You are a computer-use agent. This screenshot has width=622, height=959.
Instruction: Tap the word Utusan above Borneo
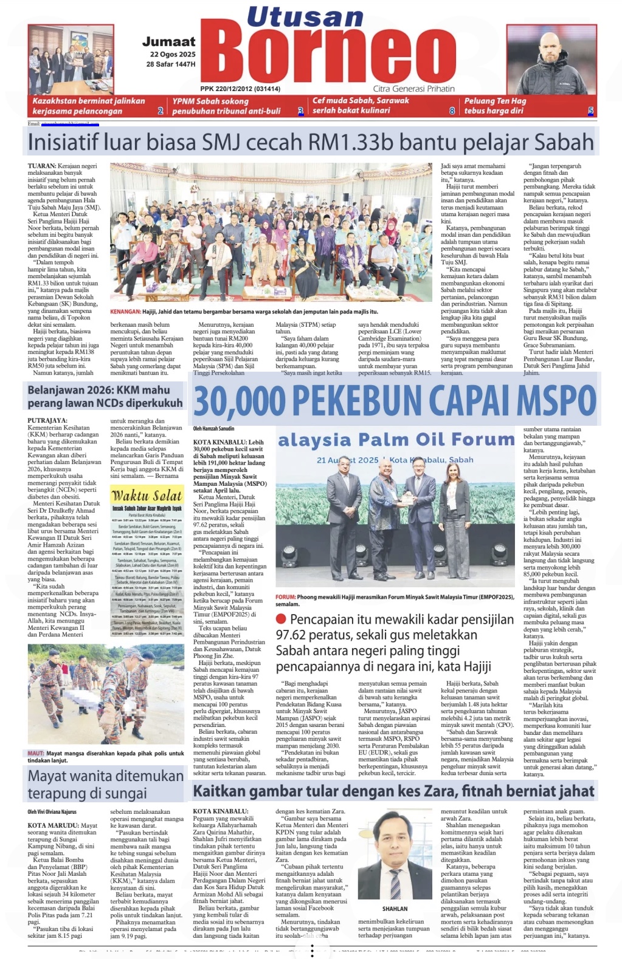point(305,17)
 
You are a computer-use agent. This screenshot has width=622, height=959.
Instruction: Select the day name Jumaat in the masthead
point(169,42)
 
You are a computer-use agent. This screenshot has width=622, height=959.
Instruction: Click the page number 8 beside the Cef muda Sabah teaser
point(452,111)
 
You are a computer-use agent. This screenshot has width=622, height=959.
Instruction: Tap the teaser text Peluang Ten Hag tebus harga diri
point(495,106)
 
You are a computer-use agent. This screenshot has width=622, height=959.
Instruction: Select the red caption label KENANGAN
point(125,312)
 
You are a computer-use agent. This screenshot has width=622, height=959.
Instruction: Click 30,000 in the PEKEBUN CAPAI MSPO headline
point(240,401)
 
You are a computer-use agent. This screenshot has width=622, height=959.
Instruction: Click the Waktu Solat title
point(147,495)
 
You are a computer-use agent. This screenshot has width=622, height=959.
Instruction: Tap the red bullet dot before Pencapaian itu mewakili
point(281,619)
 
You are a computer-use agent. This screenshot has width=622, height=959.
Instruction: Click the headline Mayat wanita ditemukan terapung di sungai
point(105,784)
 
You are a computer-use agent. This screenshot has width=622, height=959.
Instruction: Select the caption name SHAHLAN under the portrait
point(395,909)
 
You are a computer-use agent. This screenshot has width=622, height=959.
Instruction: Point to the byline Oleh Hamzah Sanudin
point(213,429)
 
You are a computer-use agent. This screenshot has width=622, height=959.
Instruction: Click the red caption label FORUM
point(285,598)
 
